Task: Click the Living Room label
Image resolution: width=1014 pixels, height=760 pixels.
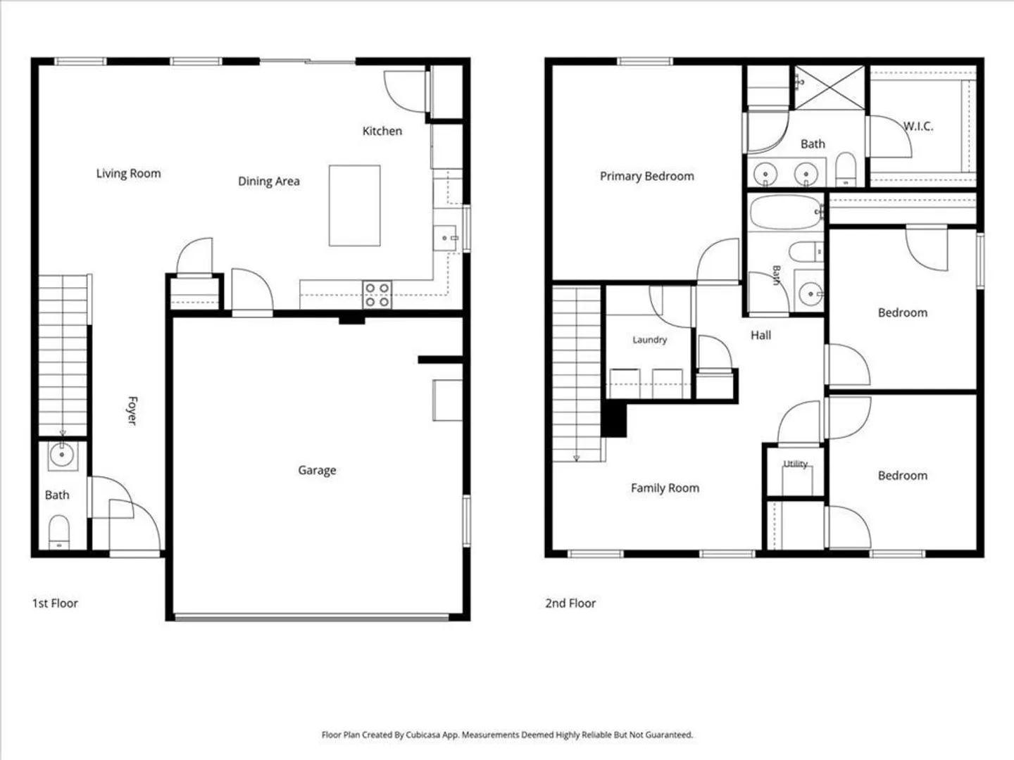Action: click(x=128, y=174)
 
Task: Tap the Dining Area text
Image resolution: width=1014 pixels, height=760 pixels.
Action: click(x=269, y=182)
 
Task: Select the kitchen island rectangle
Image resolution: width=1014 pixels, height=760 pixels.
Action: click(x=354, y=205)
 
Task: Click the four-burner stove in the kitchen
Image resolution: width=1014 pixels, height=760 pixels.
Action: click(x=377, y=295)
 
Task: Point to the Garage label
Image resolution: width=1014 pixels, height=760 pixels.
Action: click(x=317, y=470)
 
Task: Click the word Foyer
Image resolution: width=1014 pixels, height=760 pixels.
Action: click(x=132, y=410)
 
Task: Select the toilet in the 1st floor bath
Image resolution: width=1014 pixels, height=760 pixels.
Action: click(x=59, y=532)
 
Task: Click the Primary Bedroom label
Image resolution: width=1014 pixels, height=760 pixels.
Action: click(x=646, y=176)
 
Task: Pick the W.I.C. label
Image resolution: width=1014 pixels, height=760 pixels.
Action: click(x=918, y=126)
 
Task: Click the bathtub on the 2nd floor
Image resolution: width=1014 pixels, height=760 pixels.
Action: click(x=787, y=213)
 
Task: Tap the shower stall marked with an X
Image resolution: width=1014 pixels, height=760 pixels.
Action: click(x=830, y=88)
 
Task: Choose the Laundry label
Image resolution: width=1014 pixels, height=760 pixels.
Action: click(x=649, y=340)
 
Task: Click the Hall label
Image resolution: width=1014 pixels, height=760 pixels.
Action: click(x=760, y=336)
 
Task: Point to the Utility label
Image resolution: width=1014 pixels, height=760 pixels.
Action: click(x=796, y=463)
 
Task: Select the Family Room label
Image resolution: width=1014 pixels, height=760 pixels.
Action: click(x=665, y=488)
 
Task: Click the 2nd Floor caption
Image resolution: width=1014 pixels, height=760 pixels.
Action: click(x=570, y=603)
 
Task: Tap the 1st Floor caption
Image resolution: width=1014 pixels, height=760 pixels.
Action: click(x=55, y=603)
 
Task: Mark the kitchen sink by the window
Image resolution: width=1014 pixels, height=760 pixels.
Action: click(x=445, y=238)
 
